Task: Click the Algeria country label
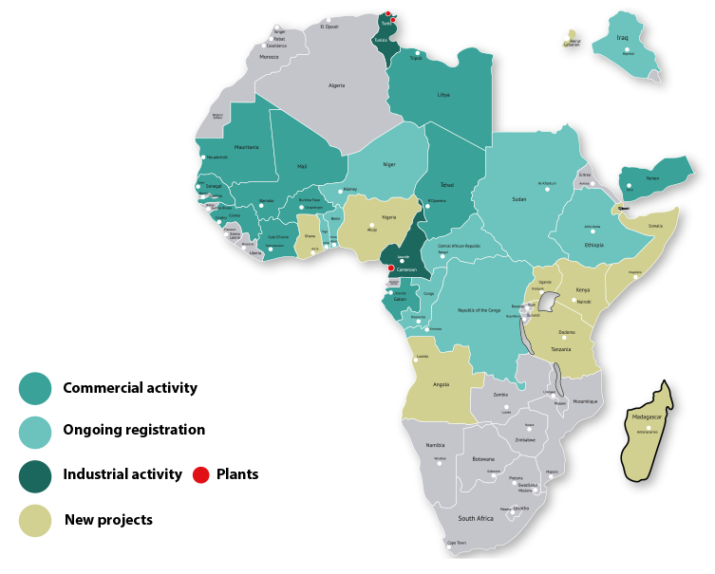click(336, 85)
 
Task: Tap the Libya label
click(443, 95)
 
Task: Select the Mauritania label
click(246, 147)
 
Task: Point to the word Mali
click(302, 166)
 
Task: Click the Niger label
click(388, 164)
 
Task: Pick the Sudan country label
click(518, 199)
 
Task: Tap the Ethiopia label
click(594, 245)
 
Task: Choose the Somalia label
click(655, 226)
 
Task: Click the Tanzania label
click(561, 349)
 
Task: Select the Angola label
click(441, 385)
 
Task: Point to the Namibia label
click(435, 444)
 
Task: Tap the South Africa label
click(475, 519)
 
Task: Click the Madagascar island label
click(647, 417)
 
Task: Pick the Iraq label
click(623, 38)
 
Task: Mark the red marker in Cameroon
click(390, 268)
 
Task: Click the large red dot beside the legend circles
click(200, 474)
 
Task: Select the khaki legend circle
click(35, 520)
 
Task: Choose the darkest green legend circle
click(35, 476)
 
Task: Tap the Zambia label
click(499, 394)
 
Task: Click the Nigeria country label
click(388, 217)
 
